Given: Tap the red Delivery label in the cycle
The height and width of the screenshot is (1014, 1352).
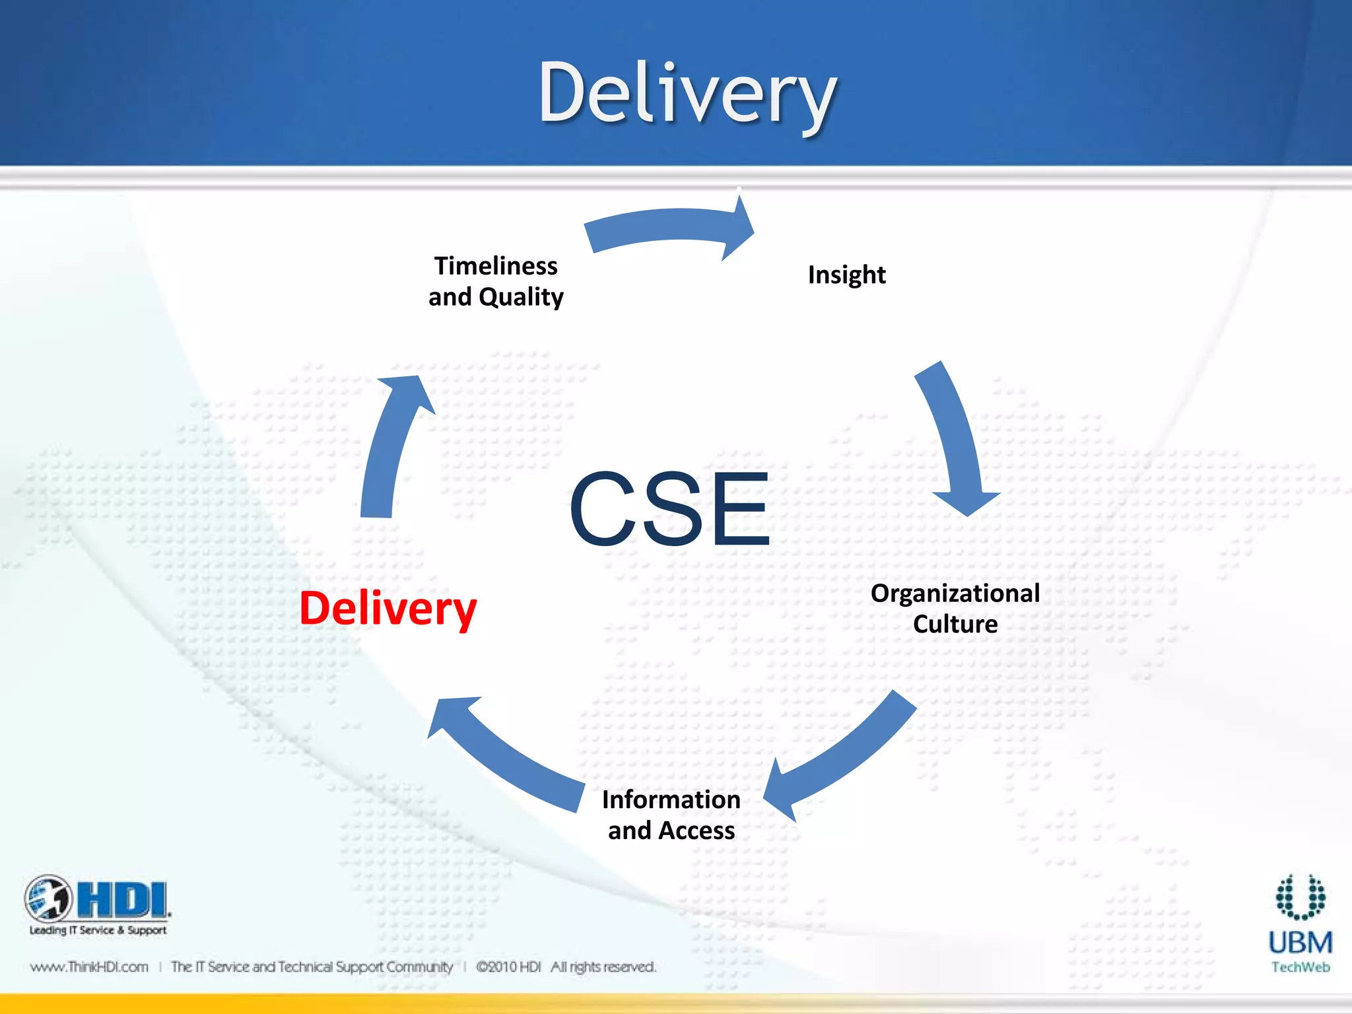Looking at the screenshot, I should [388, 609].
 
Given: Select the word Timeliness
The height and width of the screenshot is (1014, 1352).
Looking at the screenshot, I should [496, 266].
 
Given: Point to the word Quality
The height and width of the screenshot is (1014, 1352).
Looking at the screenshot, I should [521, 297].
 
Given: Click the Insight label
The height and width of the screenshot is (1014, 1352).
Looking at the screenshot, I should [846, 275].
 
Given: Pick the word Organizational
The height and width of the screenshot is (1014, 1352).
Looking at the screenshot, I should [955, 593].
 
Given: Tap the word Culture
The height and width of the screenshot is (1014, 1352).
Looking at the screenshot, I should [955, 624].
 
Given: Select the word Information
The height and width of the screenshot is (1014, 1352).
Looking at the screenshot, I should [671, 799].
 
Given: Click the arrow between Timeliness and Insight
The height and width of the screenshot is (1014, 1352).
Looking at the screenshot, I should [667, 228].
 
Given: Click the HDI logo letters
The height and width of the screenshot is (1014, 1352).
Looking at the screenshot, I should [122, 900].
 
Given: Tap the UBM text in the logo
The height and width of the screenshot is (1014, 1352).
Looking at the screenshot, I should [1300, 943].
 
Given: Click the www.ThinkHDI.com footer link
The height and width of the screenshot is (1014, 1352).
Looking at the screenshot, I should [89, 967].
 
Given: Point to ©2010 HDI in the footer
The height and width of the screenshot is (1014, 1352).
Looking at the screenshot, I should [508, 967].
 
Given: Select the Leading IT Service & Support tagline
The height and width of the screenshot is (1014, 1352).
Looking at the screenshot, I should [98, 930].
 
